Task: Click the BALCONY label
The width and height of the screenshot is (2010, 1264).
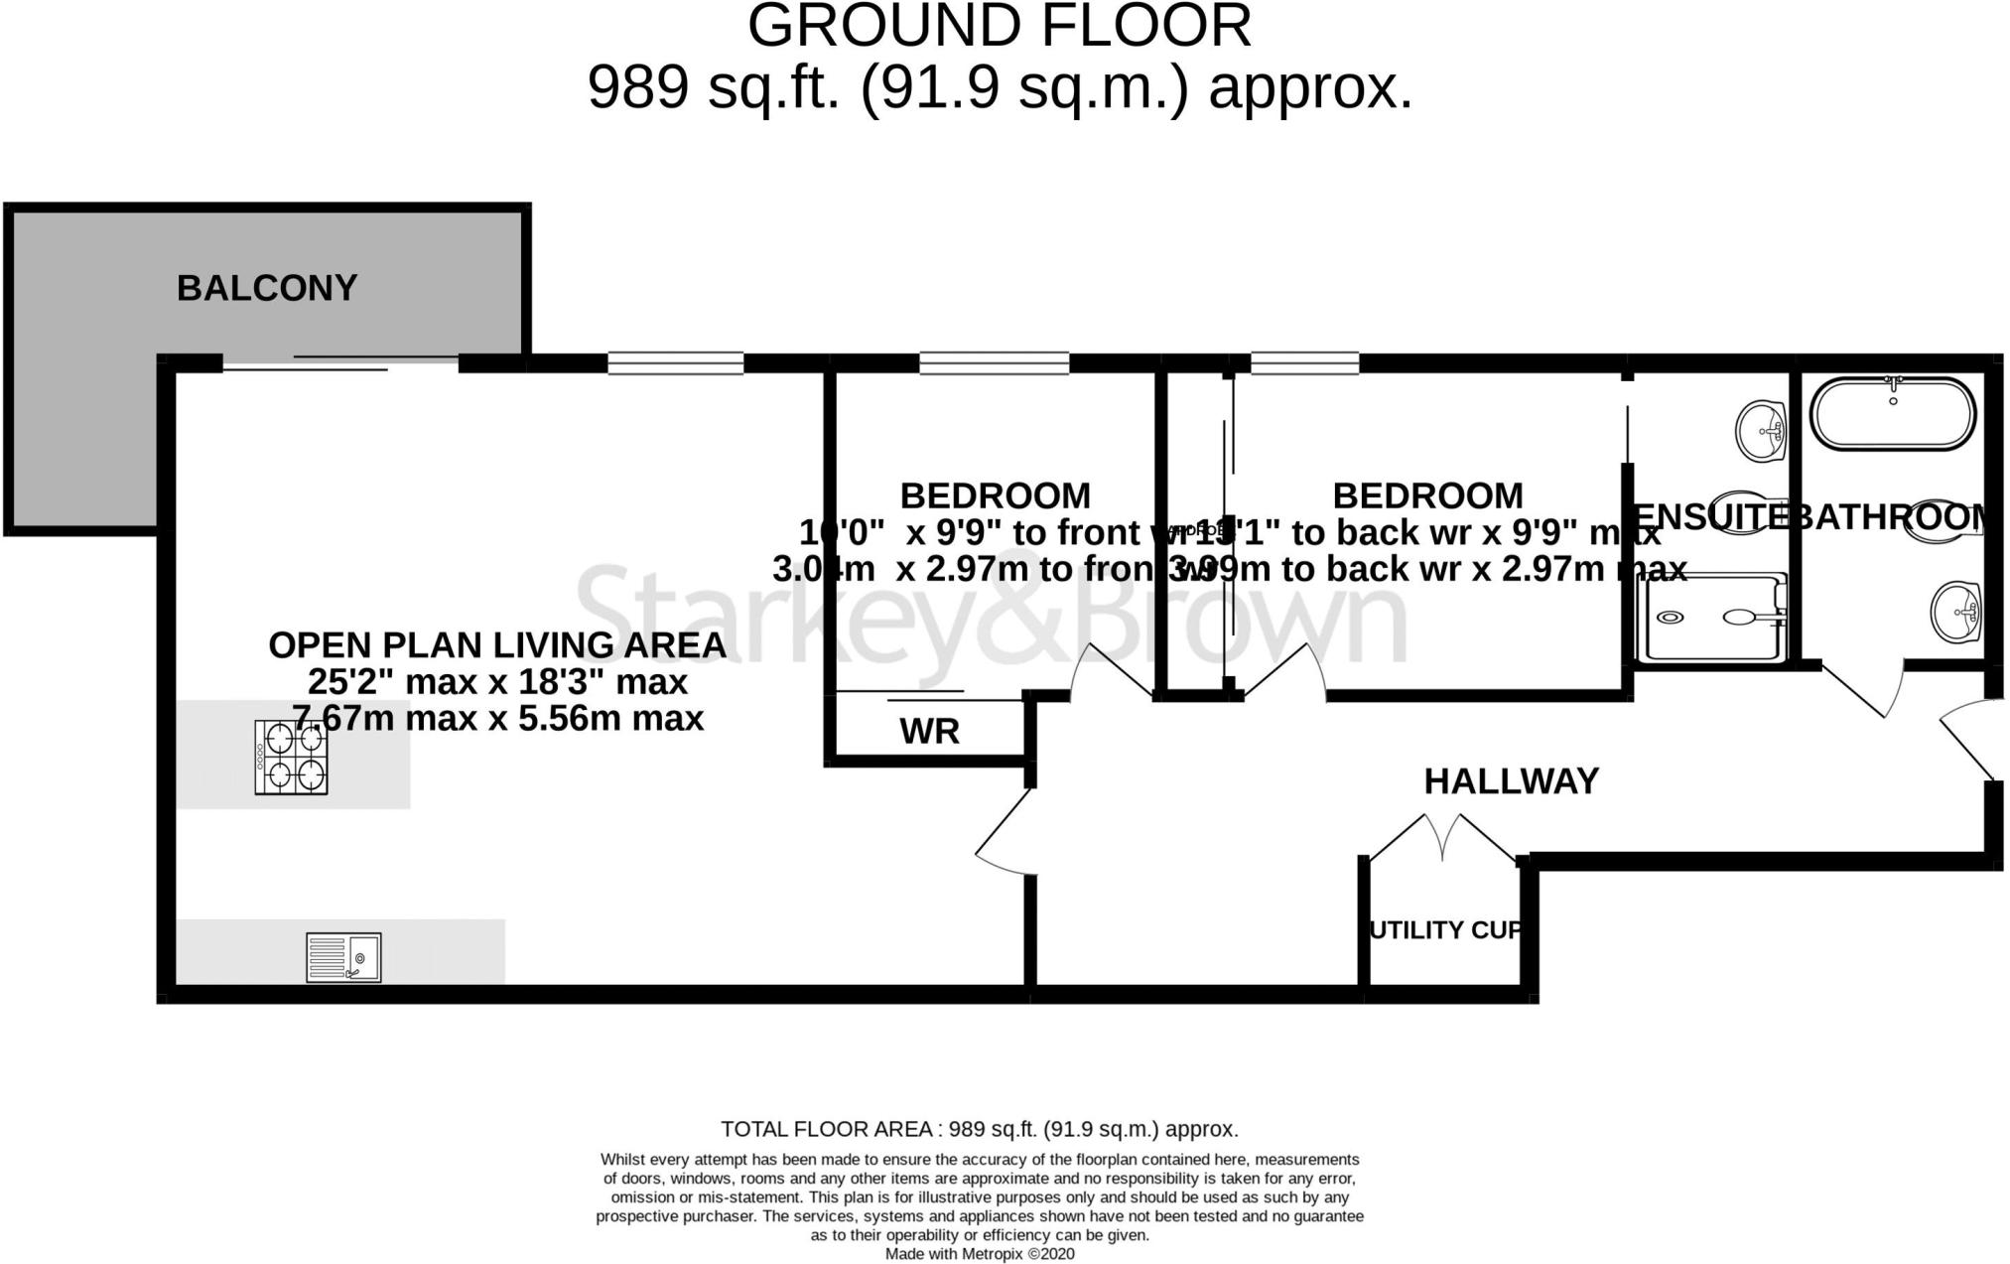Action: pos(267,288)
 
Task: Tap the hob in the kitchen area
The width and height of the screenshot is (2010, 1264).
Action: pos(291,757)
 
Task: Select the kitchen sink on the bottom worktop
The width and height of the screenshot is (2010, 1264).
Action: pos(342,957)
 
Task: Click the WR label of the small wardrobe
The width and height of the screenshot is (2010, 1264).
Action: pos(929,732)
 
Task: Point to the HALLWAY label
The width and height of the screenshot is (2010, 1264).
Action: pos(1511,781)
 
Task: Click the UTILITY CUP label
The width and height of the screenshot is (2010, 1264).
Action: pos(1444,930)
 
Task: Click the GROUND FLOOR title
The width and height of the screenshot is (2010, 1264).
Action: pos(999,27)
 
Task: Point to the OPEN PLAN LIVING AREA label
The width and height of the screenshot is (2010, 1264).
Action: pos(497,645)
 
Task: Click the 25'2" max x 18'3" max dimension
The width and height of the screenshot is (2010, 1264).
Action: pos(497,682)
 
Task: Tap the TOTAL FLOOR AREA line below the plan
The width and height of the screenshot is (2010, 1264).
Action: pos(979,1129)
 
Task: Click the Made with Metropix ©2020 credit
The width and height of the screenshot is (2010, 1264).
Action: pos(979,1254)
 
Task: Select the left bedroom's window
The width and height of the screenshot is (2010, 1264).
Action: pos(994,363)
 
